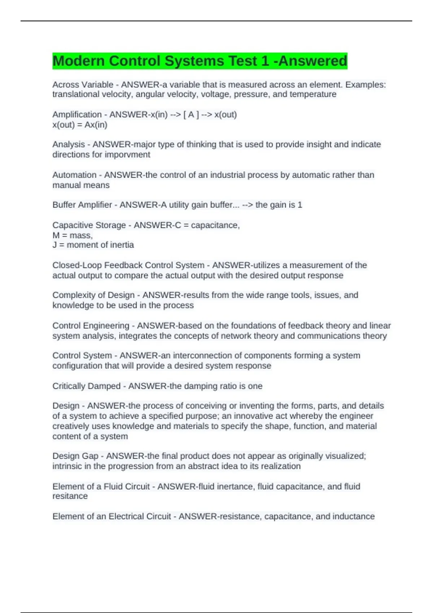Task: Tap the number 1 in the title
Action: click(266, 61)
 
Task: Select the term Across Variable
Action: click(83, 85)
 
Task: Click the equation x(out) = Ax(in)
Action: click(80, 125)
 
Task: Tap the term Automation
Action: click(74, 175)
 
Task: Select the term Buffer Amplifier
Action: click(82, 205)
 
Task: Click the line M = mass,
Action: click(73, 235)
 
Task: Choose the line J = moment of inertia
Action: click(93, 245)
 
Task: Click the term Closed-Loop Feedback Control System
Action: click(128, 265)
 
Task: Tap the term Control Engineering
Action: click(91, 326)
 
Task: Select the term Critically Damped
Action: click(86, 386)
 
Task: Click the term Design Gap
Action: click(75, 456)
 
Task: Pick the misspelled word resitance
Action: click(70, 497)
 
